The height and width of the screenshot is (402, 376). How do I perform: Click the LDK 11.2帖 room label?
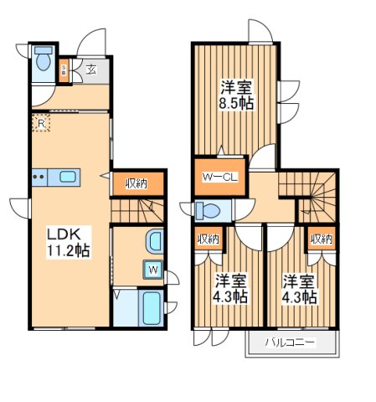tap(70, 240)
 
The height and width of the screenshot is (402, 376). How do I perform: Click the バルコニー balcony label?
tap(291, 343)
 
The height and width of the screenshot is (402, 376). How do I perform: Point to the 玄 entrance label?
tap(90, 70)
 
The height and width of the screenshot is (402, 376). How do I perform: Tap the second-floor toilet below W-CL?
tap(209, 209)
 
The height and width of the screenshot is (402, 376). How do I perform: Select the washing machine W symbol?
tap(153, 269)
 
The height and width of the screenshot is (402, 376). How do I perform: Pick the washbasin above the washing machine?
tap(153, 243)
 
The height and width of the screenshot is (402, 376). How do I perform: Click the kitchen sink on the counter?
tap(66, 177)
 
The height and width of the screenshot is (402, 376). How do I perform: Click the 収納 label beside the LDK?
tap(138, 183)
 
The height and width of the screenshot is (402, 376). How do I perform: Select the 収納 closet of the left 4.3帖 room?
tap(209, 239)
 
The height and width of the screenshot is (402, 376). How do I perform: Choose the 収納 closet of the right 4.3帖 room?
tap(321, 239)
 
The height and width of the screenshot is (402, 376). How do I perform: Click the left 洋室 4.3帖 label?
tap(229, 288)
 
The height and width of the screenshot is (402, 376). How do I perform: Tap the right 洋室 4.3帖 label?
tap(299, 288)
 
